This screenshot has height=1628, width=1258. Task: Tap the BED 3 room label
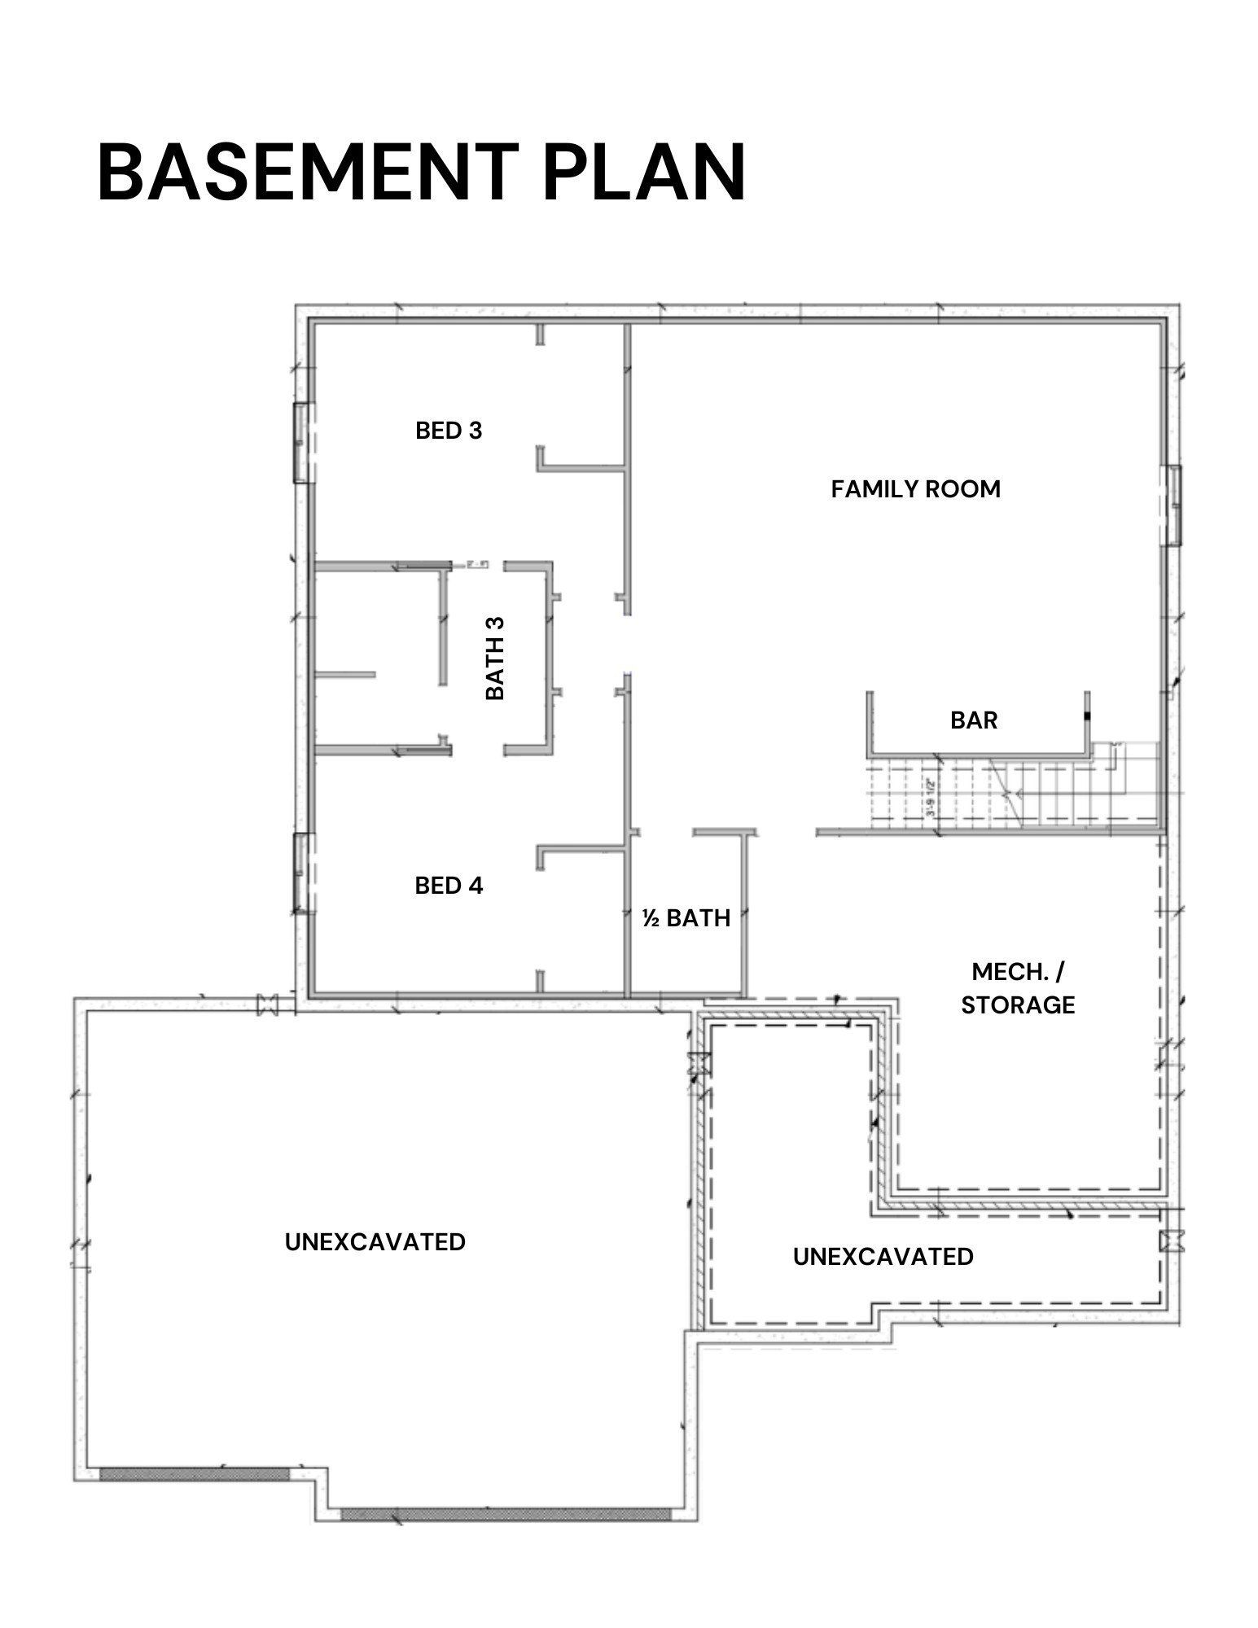click(449, 431)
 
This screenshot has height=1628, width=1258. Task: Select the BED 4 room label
click(449, 886)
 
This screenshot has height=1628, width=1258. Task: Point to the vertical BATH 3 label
click(495, 658)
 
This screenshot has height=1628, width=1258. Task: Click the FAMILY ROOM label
click(915, 489)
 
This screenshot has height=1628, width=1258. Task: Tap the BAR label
click(974, 720)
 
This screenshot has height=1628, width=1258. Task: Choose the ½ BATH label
click(686, 918)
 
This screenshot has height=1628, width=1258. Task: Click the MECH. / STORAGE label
click(1018, 988)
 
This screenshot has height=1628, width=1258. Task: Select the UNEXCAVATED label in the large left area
click(375, 1242)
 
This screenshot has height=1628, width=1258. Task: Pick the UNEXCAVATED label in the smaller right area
click(883, 1257)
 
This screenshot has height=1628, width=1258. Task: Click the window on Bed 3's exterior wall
click(302, 443)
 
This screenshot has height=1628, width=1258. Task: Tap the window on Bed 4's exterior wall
click(302, 873)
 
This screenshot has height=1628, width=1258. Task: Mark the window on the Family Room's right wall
click(1173, 505)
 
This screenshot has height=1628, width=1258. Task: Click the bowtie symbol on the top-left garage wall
click(267, 1004)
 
